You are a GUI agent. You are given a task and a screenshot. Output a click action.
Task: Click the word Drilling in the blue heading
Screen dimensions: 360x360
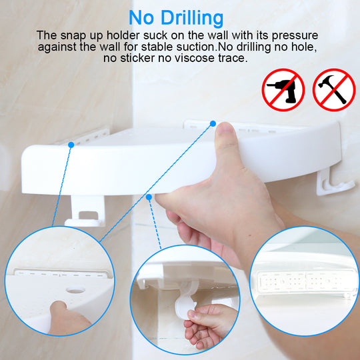point(192,19)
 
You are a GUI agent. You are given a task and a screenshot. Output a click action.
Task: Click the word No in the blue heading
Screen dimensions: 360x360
point(141,18)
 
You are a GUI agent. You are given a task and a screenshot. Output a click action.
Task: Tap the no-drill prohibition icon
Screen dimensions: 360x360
point(283,90)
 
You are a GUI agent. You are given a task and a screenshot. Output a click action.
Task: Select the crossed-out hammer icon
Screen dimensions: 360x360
point(334,90)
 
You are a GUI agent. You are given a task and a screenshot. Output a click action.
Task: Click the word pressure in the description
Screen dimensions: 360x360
point(295,36)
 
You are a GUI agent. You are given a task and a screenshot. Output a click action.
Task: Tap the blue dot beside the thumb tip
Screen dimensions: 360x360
point(213,123)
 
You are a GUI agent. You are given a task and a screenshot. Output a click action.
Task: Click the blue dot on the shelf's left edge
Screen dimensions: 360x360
point(71,145)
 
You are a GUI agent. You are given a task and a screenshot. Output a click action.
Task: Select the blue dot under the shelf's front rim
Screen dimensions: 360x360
point(149,197)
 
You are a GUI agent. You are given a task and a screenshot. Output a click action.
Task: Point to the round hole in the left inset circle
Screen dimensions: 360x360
point(75,291)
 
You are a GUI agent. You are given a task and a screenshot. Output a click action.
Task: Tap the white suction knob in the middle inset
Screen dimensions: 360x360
point(184,303)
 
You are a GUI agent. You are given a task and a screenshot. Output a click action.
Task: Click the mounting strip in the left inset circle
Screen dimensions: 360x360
point(62,273)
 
